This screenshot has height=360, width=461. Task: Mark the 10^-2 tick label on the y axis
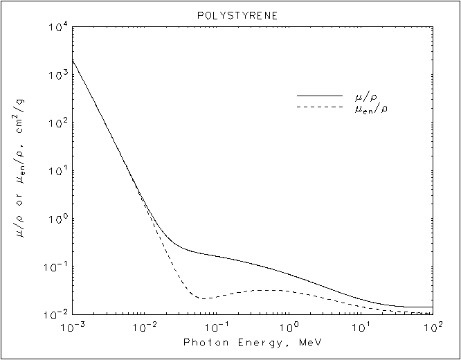click(x=57, y=314)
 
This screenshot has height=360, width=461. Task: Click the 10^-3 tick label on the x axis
click(x=72, y=326)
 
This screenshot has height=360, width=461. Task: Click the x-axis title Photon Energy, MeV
click(x=252, y=343)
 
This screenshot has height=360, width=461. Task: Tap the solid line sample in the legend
click(x=319, y=96)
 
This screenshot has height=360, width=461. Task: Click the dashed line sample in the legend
click(x=319, y=107)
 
